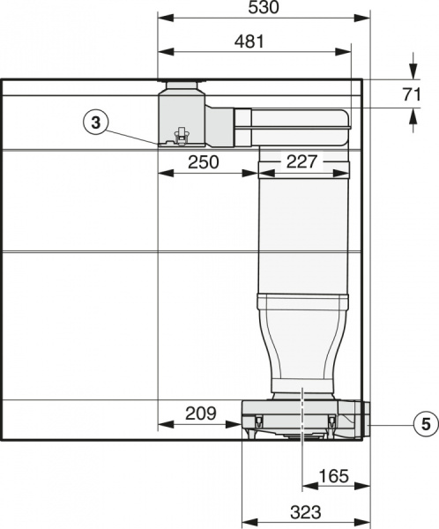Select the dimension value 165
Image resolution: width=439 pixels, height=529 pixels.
tap(334, 476)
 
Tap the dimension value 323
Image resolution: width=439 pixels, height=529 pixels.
tap(305, 511)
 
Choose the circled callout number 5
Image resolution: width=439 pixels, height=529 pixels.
tap(426, 424)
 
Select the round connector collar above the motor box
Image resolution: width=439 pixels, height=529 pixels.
tap(182, 87)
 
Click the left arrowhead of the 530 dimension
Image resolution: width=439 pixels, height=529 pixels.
tap(162, 18)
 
